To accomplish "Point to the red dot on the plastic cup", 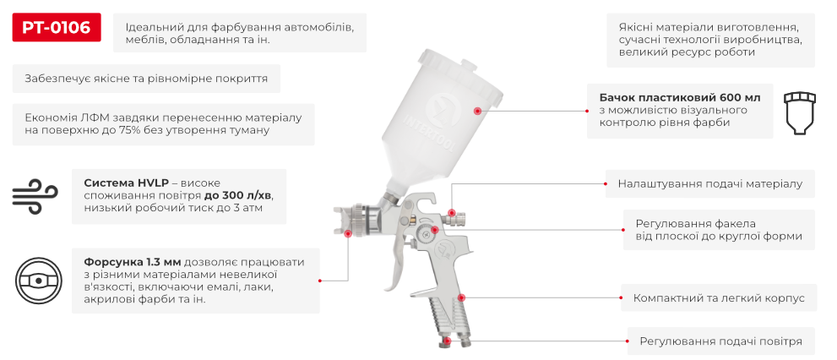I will pyautogui.click(x=477, y=111).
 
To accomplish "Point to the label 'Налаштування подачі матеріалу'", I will pyautogui.click(x=709, y=183).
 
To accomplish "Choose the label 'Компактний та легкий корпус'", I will pyautogui.click(x=719, y=298).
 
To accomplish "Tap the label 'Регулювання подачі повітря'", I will pyautogui.click(x=720, y=341).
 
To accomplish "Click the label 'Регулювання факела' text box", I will pyautogui.click(x=719, y=230).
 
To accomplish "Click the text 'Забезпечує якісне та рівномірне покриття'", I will pyautogui.click(x=146, y=79).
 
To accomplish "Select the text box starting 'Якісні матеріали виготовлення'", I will pyautogui.click(x=710, y=39).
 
